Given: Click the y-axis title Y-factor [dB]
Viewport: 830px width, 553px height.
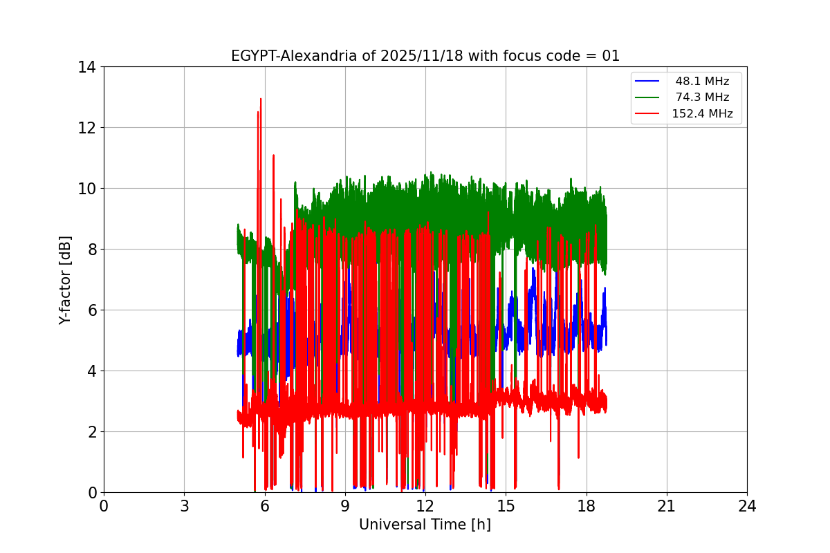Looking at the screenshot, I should (65, 280).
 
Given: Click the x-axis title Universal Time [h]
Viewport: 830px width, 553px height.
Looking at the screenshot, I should (425, 525).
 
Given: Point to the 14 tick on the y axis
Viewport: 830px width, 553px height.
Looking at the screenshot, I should (86, 67).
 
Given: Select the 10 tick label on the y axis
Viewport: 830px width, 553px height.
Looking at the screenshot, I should (86, 189).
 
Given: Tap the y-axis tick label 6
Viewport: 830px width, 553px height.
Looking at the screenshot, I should (91, 310).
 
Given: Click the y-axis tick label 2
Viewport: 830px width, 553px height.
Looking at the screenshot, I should (91, 432).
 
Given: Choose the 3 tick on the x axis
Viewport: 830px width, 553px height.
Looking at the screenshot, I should (184, 506).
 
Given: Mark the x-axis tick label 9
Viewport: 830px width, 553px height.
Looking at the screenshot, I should (344, 506).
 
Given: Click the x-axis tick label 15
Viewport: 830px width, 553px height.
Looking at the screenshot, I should (506, 506).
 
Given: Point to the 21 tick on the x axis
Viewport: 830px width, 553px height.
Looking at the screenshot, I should (666, 506).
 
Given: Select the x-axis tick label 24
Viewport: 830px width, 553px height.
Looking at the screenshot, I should (747, 506).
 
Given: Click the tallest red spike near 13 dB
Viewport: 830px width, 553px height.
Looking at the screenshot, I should (261, 101).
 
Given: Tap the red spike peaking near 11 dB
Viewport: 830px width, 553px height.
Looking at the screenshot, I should (273, 157).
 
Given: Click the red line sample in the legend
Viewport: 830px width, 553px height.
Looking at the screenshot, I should (648, 114).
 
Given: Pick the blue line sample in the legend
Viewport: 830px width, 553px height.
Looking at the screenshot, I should (648, 82).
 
